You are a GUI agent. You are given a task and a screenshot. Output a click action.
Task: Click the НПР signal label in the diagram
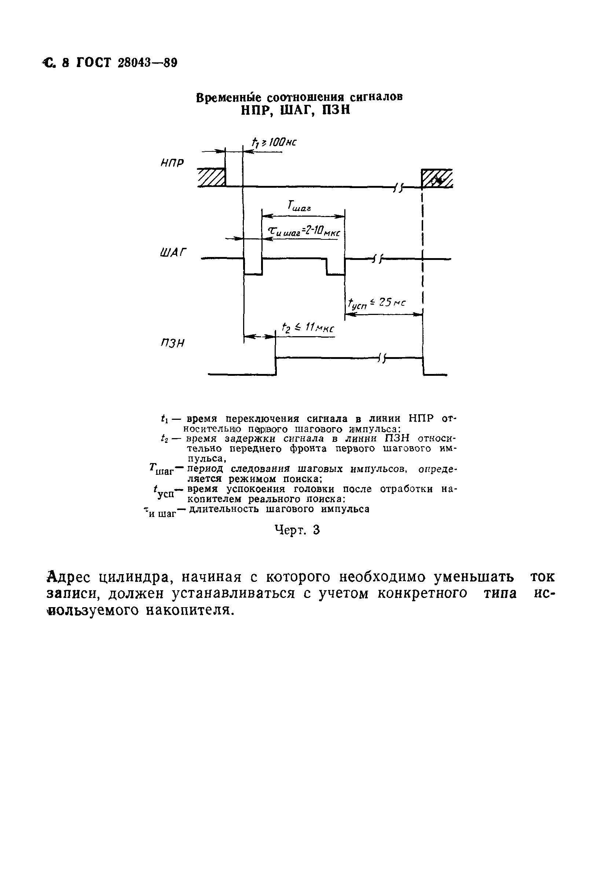click(x=172, y=163)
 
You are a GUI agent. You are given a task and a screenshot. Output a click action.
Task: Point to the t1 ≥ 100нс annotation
click(x=274, y=143)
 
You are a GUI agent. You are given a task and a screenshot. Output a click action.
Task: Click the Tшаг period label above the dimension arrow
click(x=299, y=206)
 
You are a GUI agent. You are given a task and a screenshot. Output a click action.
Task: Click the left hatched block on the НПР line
click(x=212, y=177)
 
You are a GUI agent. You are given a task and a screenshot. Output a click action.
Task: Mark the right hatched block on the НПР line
click(x=436, y=178)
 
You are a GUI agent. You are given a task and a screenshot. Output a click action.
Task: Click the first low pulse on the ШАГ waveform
click(x=253, y=267)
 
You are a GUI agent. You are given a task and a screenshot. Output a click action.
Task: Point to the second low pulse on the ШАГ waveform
click(x=336, y=267)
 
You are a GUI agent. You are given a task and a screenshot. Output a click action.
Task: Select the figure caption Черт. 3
click(x=297, y=530)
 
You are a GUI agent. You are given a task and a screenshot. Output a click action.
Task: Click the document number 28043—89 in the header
click(x=147, y=63)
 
